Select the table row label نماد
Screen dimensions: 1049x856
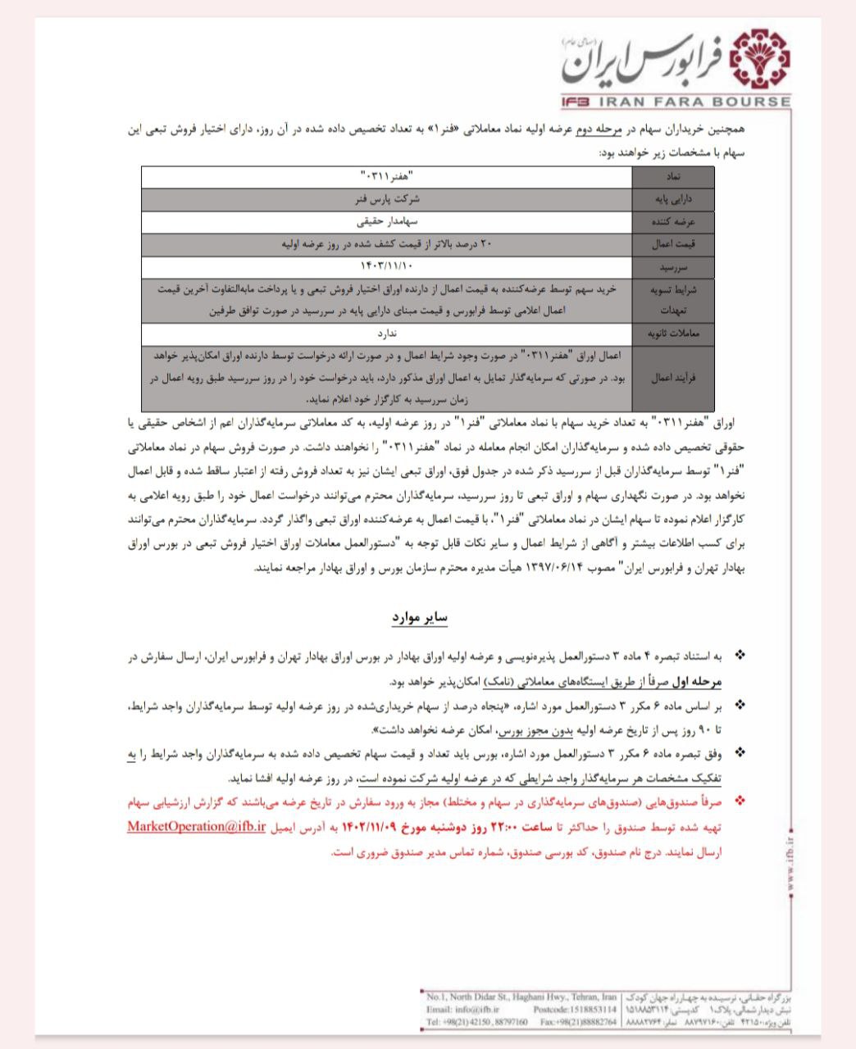click(x=674, y=177)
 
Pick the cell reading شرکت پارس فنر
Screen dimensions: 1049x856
click(x=387, y=199)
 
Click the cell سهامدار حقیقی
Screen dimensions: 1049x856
click(x=387, y=221)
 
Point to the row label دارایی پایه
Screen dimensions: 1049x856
click(x=674, y=199)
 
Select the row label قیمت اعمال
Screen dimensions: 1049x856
click(x=674, y=244)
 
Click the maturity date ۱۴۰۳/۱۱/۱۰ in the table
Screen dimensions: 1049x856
click(x=387, y=266)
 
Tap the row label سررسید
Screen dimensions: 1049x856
click(x=674, y=267)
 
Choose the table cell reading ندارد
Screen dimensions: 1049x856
click(x=387, y=334)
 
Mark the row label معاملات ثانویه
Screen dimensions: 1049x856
click(x=674, y=334)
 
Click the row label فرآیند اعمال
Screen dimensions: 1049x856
click(x=674, y=379)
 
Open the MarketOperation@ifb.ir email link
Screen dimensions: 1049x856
click(x=196, y=826)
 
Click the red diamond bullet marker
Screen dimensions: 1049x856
click(x=740, y=798)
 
